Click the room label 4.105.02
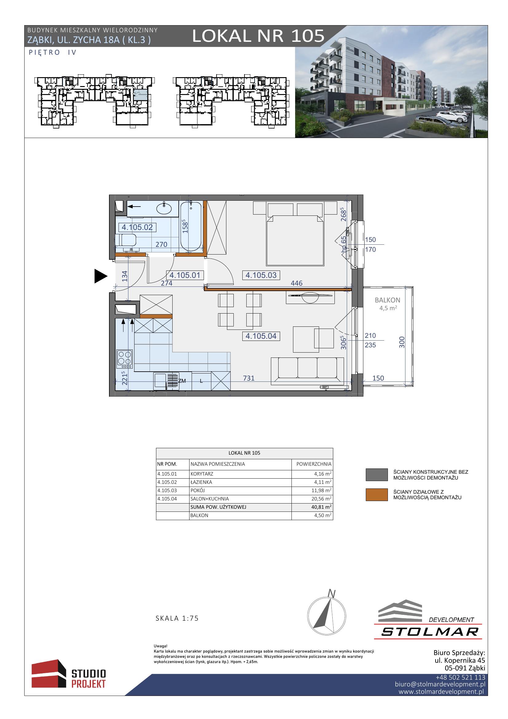[137, 227]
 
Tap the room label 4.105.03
[261, 275]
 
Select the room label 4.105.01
[185, 275]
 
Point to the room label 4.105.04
[261, 336]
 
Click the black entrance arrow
[101, 276]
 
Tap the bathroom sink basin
[164, 208]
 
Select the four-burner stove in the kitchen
[124, 359]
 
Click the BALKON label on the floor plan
[388, 300]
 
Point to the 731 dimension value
[249, 378]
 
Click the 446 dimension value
[297, 283]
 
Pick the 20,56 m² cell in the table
[321, 499]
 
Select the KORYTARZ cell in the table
[202, 474]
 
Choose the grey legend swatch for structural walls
[377, 475]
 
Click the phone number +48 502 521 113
[460, 678]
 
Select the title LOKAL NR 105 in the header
[258, 36]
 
